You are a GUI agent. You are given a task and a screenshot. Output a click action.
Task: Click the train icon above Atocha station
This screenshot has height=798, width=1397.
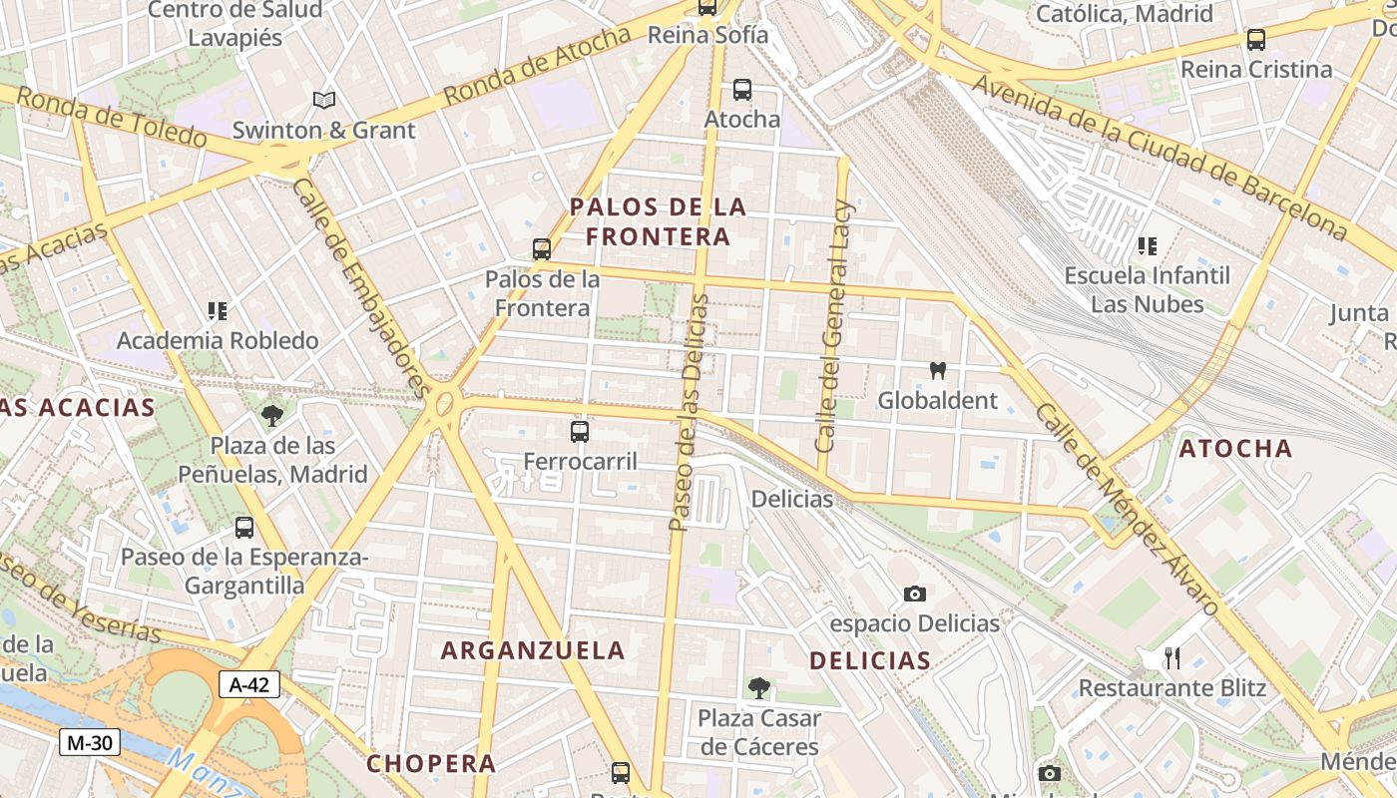click(x=742, y=90)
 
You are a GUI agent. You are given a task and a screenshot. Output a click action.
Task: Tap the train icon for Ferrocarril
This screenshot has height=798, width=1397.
click(x=580, y=432)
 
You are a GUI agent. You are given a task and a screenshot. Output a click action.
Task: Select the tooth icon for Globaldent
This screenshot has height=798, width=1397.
click(x=937, y=371)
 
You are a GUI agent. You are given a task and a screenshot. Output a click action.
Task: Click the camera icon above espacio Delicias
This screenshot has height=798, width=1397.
click(x=915, y=595)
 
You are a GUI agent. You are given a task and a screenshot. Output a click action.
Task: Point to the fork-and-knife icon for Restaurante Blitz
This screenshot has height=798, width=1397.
click(x=1172, y=658)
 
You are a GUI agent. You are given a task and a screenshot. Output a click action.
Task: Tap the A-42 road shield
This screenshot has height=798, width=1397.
click(x=249, y=685)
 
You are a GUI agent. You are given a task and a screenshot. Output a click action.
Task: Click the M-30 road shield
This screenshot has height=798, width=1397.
click(x=90, y=742)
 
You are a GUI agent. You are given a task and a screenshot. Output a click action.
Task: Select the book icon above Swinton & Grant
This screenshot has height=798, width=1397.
click(x=324, y=100)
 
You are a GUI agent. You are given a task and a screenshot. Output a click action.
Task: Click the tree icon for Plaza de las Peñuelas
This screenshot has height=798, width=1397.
click(x=271, y=416)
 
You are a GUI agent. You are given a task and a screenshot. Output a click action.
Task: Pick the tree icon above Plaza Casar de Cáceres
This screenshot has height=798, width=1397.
click(x=759, y=688)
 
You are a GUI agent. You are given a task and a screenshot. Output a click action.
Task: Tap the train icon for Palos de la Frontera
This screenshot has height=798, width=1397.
click(x=542, y=249)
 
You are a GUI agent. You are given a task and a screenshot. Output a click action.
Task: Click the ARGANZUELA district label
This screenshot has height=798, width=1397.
click(x=533, y=650)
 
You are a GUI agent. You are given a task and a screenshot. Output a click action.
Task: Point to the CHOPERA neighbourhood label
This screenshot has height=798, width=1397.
click(x=431, y=764)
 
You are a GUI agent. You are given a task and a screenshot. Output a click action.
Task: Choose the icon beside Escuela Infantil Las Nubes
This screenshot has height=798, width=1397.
click(x=1148, y=245)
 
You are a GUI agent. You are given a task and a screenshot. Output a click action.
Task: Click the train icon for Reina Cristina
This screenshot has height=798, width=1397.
click(x=1256, y=40)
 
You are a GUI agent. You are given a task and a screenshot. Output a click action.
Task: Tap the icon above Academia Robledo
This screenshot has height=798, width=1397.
click(x=218, y=311)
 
